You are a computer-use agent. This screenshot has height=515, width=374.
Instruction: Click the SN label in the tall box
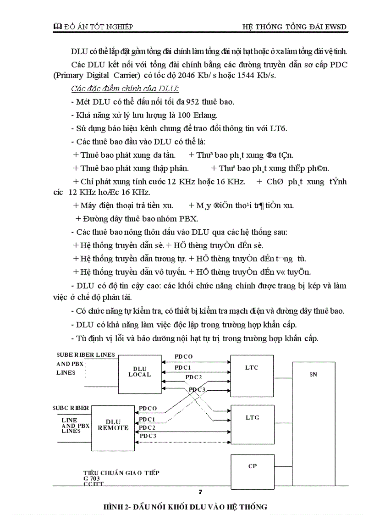pos(313,375)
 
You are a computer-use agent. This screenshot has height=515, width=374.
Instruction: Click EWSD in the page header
pos(335,27)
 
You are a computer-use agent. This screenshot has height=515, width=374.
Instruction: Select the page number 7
pos(201,493)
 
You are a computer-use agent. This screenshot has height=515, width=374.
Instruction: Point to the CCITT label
pos(93,483)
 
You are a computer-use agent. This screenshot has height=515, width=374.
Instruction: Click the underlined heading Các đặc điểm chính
pos(125,89)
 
